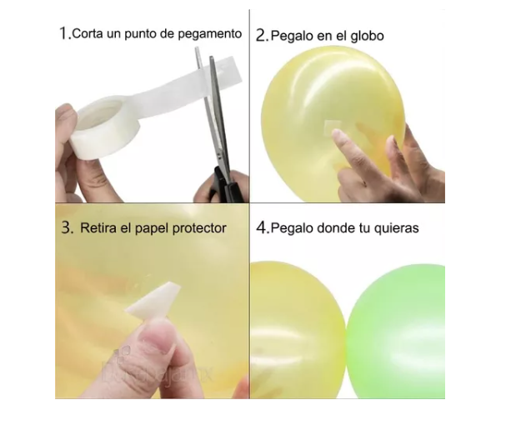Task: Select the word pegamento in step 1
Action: [x=213, y=35]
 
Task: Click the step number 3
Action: [x=65, y=227]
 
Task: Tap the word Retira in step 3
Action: [x=99, y=227]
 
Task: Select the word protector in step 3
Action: [x=198, y=227]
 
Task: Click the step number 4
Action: [x=262, y=227]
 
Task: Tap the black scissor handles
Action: [x=223, y=182]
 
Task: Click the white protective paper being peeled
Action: [x=153, y=299]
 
